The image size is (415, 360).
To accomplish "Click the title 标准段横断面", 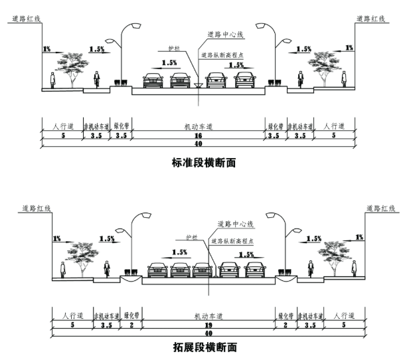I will (x=203, y=161).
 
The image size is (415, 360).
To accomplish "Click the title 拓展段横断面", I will (x=203, y=347).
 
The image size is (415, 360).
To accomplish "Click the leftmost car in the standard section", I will (x=153, y=81).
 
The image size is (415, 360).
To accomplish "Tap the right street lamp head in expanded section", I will (x=272, y=215).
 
